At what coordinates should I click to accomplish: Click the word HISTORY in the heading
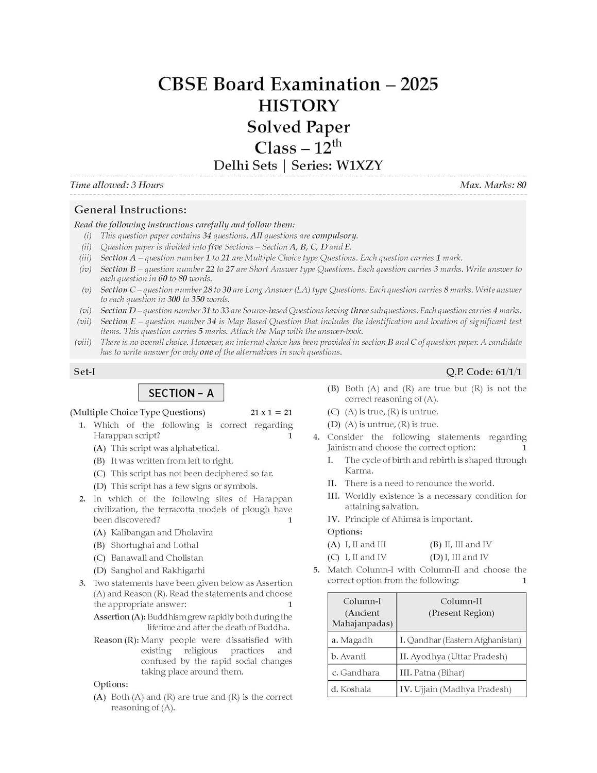(x=298, y=106)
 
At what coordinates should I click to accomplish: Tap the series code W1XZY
(x=360, y=165)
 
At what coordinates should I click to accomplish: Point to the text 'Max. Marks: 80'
(x=493, y=185)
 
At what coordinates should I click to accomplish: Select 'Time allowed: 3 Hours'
(x=117, y=185)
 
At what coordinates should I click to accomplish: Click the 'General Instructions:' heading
(x=130, y=210)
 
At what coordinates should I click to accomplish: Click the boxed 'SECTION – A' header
(x=181, y=393)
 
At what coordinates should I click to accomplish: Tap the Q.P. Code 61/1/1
(x=486, y=372)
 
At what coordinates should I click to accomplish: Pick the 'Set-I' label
(x=84, y=372)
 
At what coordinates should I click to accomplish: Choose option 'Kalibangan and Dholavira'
(x=162, y=532)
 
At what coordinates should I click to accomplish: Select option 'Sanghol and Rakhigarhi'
(x=158, y=570)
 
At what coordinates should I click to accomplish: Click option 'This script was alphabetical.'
(x=165, y=448)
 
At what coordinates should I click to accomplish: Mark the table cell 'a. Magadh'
(x=352, y=640)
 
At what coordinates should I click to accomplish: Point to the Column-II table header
(x=461, y=607)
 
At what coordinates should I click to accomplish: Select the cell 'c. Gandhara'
(x=355, y=673)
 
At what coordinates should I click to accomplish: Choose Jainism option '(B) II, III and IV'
(x=460, y=545)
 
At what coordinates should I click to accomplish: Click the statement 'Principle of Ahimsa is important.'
(x=408, y=519)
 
